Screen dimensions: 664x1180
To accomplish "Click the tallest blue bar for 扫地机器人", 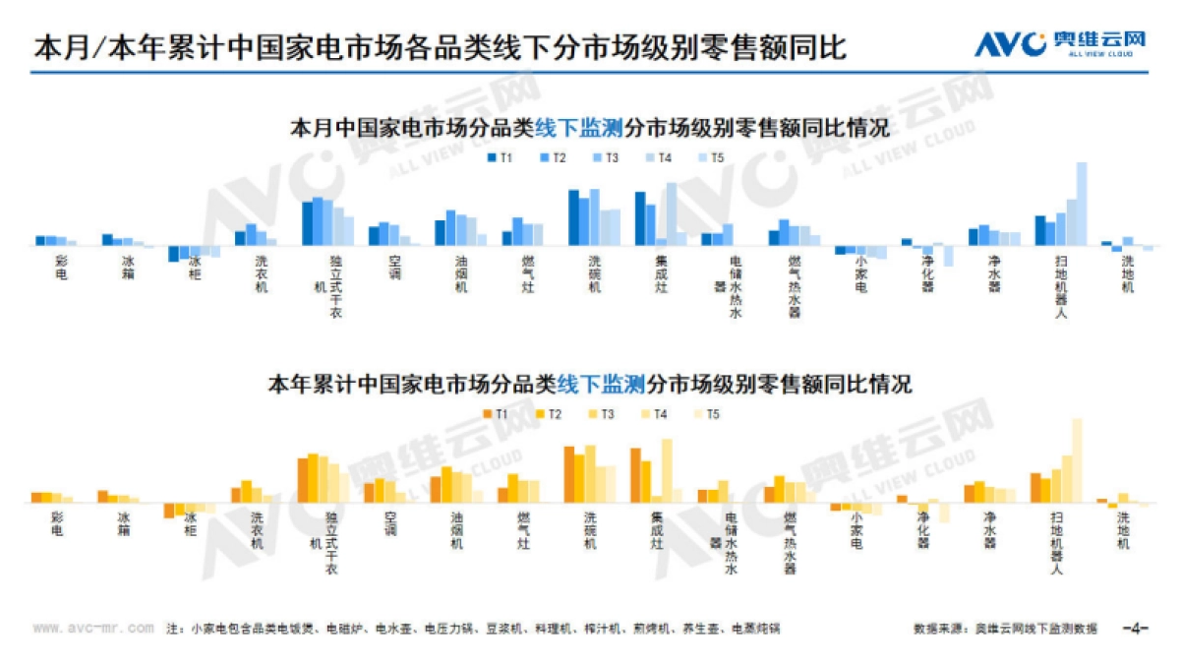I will pos(1082,204).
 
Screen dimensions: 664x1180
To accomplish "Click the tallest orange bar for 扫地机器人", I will pos(1077,460).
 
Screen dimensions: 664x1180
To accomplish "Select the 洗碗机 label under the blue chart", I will pos(594,273).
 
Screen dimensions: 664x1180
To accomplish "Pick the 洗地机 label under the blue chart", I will pos(1128,273).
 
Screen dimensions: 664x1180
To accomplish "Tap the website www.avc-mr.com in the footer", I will pos(92,627).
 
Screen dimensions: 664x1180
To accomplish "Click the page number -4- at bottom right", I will pos(1137,627).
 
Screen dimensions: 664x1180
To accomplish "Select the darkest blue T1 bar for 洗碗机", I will pos(573,216).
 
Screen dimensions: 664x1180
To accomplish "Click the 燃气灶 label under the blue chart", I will pos(527,273).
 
